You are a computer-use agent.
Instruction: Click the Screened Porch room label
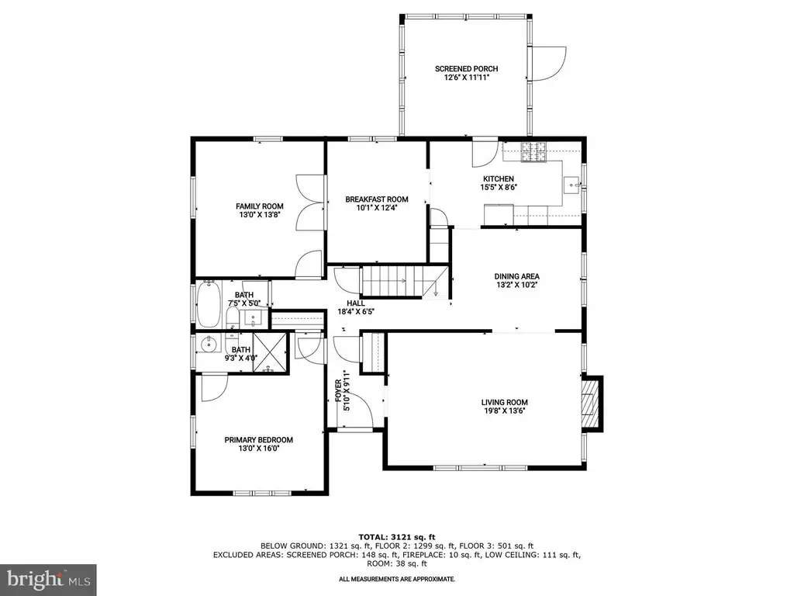click(x=466, y=69)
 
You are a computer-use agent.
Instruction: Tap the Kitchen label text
click(x=499, y=179)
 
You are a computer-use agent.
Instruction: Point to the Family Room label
click(x=259, y=206)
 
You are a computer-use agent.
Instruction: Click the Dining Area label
click(x=516, y=277)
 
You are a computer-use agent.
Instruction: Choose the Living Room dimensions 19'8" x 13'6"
click(x=504, y=411)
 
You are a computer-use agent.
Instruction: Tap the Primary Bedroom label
click(x=259, y=440)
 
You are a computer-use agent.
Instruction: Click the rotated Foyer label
click(x=339, y=391)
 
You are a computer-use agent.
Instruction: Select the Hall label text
click(x=355, y=303)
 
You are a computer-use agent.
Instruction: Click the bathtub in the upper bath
click(x=208, y=304)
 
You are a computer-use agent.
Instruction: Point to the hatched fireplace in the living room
click(x=589, y=404)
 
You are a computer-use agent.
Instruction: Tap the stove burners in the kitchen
click(x=535, y=151)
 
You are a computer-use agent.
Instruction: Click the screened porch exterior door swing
click(x=547, y=64)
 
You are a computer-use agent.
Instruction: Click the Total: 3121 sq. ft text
click(x=396, y=537)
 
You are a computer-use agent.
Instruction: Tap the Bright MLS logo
click(x=48, y=579)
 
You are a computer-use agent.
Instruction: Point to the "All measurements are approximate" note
click(x=396, y=579)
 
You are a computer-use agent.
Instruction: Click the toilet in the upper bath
click(x=233, y=317)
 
